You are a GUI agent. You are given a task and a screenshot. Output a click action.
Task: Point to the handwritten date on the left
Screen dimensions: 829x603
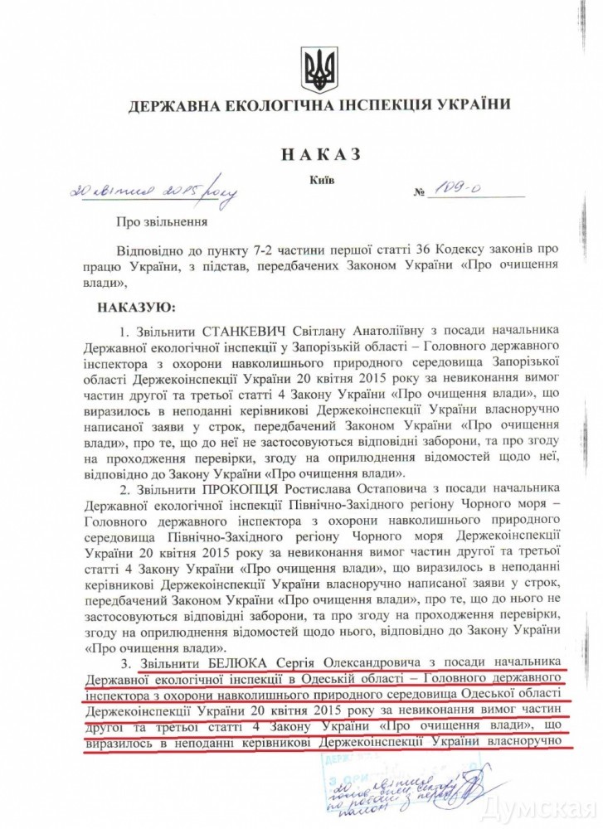coord(154,191)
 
